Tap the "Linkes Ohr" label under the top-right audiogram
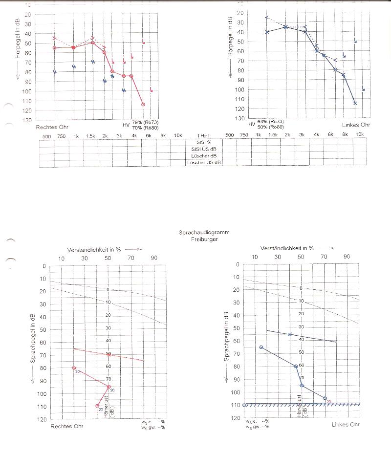coord(356,125)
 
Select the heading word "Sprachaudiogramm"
coord(204,233)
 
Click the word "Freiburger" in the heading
coord(204,239)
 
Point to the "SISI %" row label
coord(204,142)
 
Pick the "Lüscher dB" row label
coord(204,155)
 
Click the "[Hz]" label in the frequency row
coord(204,135)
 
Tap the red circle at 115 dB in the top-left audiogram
coord(143,104)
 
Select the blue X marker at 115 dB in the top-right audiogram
coord(355,103)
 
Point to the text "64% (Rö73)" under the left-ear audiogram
coord(270,121)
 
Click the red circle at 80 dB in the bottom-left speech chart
coord(74,368)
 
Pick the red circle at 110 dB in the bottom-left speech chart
coord(97,406)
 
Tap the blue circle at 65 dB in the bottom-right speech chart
coord(261,347)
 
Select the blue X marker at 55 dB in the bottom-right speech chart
coord(290,334)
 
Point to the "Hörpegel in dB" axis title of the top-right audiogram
coord(230,36)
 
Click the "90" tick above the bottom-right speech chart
coord(347,257)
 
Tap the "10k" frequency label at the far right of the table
coord(360,135)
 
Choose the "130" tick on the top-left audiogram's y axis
coord(27,120)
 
